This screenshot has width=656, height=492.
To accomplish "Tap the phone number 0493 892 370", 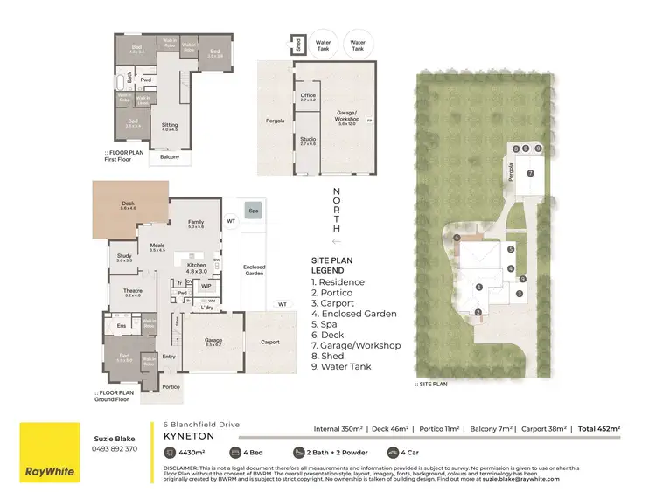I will (x=114, y=448).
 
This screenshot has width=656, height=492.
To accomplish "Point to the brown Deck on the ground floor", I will (x=128, y=209).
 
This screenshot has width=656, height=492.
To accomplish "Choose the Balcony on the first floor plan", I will (x=170, y=157).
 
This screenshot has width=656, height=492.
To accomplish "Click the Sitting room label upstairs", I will (x=170, y=127).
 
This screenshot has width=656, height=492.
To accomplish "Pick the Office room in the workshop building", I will (x=307, y=98).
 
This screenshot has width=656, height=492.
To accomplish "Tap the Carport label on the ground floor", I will (x=269, y=343).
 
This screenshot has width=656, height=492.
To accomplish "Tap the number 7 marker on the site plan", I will (x=530, y=173).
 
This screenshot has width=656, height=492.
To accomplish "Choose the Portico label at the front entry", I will (x=171, y=386).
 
